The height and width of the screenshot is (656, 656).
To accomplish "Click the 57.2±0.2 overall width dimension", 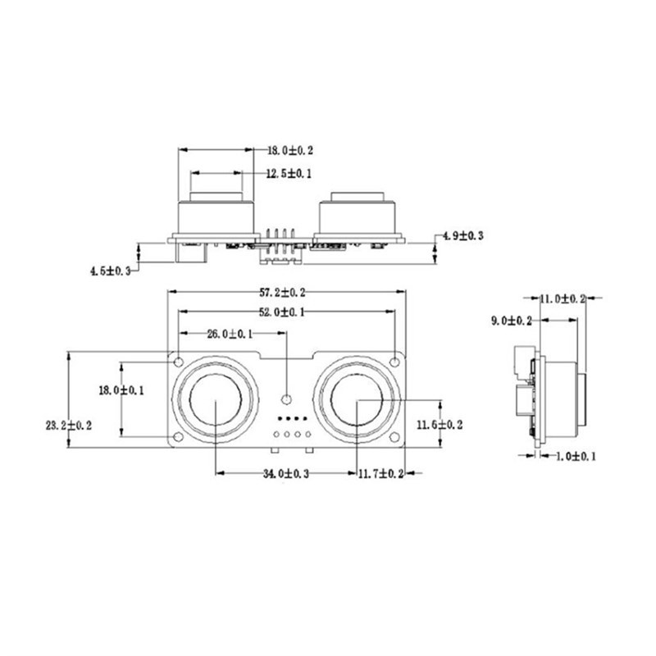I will pos(283,292).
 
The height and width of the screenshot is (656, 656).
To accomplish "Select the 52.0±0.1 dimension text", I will pos(283,312).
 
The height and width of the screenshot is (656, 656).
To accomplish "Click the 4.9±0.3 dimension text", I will pos(462,235).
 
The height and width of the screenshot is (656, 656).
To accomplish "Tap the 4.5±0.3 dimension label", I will pos(111,270).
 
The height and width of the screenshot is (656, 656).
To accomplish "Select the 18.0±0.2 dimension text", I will pos(291,151).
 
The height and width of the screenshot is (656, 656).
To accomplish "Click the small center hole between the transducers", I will pos(286,399).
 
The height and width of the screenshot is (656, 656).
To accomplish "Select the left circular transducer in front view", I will pos(216,401).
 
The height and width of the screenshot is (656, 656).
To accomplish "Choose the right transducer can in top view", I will pos(357,215).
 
